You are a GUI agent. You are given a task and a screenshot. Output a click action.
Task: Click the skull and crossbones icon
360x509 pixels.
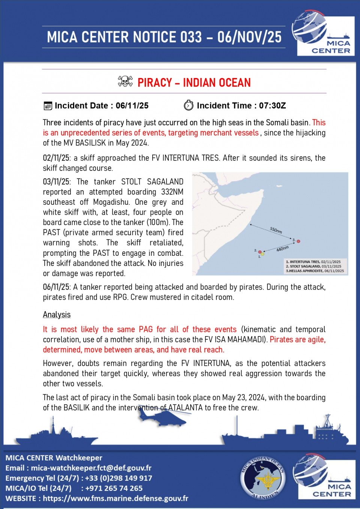click(125, 81)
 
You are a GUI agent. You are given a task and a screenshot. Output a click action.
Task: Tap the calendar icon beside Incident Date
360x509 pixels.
click(48, 106)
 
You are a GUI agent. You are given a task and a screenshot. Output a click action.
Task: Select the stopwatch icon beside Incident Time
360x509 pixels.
click(189, 105)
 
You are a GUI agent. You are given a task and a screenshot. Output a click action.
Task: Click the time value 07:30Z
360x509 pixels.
click(272, 106)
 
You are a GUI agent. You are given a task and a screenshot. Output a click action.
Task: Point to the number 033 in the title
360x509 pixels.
click(191, 37)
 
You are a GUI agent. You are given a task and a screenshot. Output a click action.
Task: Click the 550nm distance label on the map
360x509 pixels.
click(276, 230)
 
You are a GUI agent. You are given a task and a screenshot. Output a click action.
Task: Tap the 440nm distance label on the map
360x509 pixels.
click(282, 249)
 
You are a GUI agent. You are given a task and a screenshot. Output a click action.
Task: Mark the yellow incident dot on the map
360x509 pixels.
click(262, 254)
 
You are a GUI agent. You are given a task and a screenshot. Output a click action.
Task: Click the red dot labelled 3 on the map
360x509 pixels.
click(298, 241)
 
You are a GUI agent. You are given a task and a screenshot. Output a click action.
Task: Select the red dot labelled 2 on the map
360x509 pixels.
click(260, 252)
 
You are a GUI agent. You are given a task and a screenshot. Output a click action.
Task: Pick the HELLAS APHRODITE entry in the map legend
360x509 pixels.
click(315, 271)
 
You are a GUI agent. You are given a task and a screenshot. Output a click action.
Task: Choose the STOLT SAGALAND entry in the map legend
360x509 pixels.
click(313, 266)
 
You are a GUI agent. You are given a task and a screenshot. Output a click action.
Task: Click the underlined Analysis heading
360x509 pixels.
click(57, 315)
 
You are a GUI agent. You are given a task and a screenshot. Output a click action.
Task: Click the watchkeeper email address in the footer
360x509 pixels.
click(91, 468)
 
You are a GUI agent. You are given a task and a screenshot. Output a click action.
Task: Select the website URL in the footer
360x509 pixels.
click(115, 498)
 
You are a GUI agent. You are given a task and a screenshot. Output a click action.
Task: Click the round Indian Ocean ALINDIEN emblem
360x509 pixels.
click(263, 478)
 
